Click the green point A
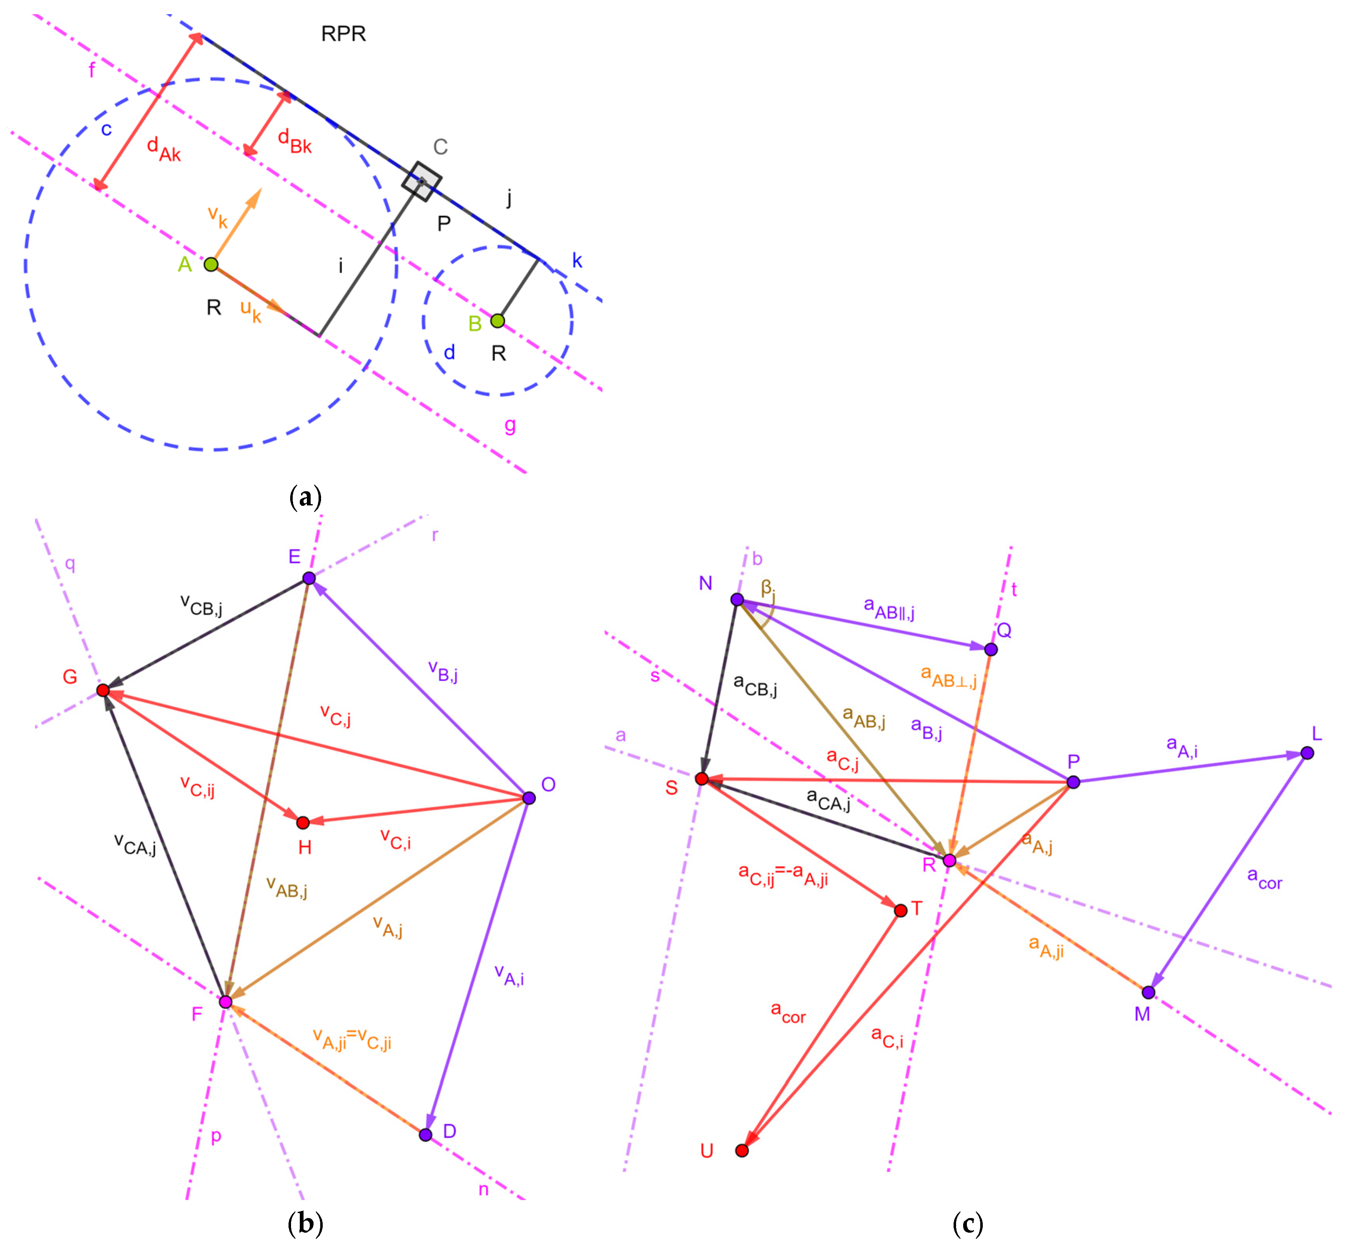(x=211, y=264)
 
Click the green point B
(x=497, y=321)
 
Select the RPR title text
(x=343, y=34)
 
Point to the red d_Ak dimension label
(x=164, y=149)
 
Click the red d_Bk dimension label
(x=295, y=141)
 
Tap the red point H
(x=303, y=822)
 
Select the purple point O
(x=529, y=798)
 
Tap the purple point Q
(x=991, y=649)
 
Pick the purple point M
(x=1148, y=993)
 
